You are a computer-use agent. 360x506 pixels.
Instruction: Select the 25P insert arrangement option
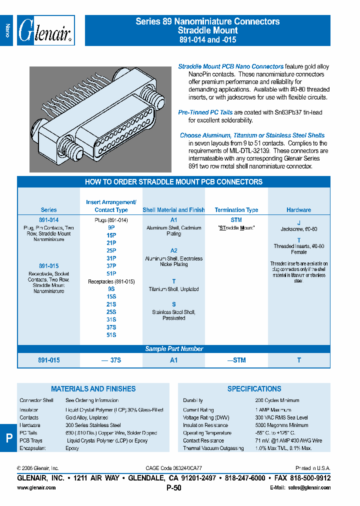[111, 250]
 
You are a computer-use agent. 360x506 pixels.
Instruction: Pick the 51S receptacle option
[111, 335]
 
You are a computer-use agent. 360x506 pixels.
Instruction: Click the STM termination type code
[236, 220]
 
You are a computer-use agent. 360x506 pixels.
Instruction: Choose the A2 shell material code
[173, 250]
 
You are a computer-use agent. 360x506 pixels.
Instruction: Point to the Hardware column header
[298, 210]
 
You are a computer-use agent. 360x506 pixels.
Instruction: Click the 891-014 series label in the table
[48, 220]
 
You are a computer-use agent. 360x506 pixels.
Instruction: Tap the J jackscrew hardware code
[299, 222]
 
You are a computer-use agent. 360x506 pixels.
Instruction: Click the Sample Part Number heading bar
[173, 349]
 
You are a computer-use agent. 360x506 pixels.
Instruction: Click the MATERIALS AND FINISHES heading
[93, 388]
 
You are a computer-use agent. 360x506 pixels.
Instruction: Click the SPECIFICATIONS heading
[254, 388]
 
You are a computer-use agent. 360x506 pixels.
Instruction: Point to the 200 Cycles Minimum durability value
[277, 400]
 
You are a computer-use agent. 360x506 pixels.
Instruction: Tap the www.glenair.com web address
[36, 487]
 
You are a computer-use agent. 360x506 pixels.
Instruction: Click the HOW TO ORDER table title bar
[173, 182]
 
